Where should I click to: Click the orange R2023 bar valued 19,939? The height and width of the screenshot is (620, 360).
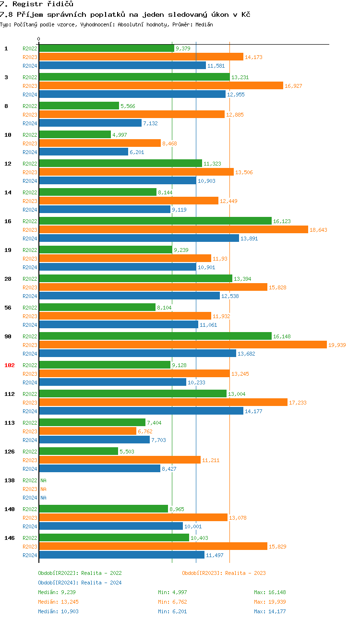tap(182, 345)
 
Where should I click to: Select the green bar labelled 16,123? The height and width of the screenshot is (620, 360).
tap(155, 221)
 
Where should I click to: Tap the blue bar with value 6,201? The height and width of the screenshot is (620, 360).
tap(84, 152)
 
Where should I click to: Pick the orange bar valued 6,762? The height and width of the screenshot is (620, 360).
tap(87, 431)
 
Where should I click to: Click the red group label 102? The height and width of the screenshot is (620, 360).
tap(10, 365)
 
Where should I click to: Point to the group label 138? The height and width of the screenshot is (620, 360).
tap(10, 480)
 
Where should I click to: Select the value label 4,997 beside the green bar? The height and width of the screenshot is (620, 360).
tap(120, 135)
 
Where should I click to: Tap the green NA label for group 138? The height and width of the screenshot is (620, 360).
tap(43, 480)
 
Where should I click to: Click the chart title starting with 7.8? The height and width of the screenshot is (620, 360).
tap(125, 14)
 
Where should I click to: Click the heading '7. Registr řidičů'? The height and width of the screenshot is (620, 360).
tap(36, 4)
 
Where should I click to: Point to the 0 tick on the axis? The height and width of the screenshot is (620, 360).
tap(39, 39)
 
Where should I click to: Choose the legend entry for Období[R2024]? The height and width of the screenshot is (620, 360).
tap(80, 583)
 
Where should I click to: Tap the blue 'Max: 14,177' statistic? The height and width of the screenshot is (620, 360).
tap(270, 611)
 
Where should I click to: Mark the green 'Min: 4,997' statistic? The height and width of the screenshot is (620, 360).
tap(173, 592)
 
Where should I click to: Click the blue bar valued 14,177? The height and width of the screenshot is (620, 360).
tap(141, 411)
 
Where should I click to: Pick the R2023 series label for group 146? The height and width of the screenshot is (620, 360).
tap(30, 547)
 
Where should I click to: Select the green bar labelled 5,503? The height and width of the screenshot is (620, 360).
tap(78, 451)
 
